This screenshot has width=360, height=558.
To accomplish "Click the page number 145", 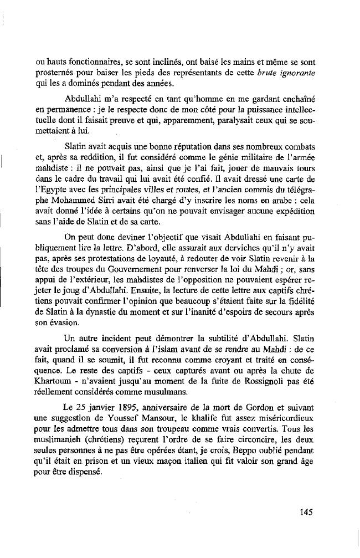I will (307, 512).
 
